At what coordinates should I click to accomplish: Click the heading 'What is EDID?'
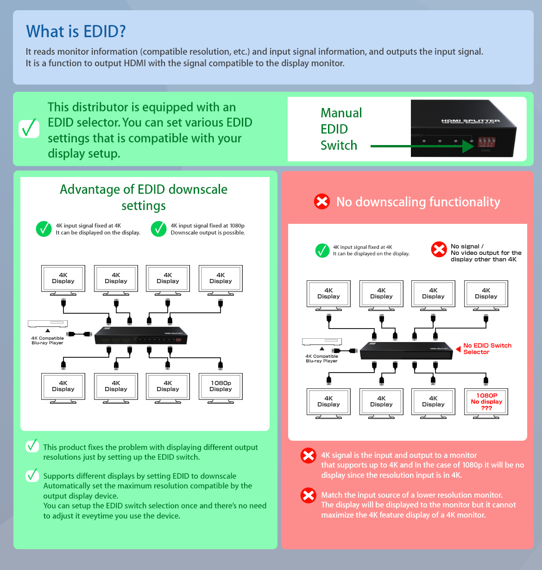coord(76,32)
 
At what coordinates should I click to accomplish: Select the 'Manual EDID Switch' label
coord(341,129)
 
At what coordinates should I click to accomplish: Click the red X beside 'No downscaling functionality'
coord(322,202)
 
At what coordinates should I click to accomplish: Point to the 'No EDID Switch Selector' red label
coord(487,349)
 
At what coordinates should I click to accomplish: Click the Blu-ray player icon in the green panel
coord(48,323)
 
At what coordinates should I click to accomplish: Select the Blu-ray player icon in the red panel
coord(321,342)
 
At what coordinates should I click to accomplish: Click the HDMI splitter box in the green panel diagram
coord(141,336)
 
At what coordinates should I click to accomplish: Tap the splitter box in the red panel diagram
coord(406,350)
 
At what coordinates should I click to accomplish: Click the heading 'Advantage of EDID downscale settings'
coord(144,197)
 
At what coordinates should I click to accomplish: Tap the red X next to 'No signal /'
coord(439,249)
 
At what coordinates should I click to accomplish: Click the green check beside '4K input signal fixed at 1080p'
coord(158,229)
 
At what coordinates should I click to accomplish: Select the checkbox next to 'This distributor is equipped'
coord(29,128)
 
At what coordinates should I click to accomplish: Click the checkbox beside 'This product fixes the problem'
coord(32,446)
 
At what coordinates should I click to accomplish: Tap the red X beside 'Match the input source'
coord(308,495)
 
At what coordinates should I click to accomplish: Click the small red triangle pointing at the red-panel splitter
coord(458,349)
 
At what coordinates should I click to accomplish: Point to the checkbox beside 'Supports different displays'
coord(32,475)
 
